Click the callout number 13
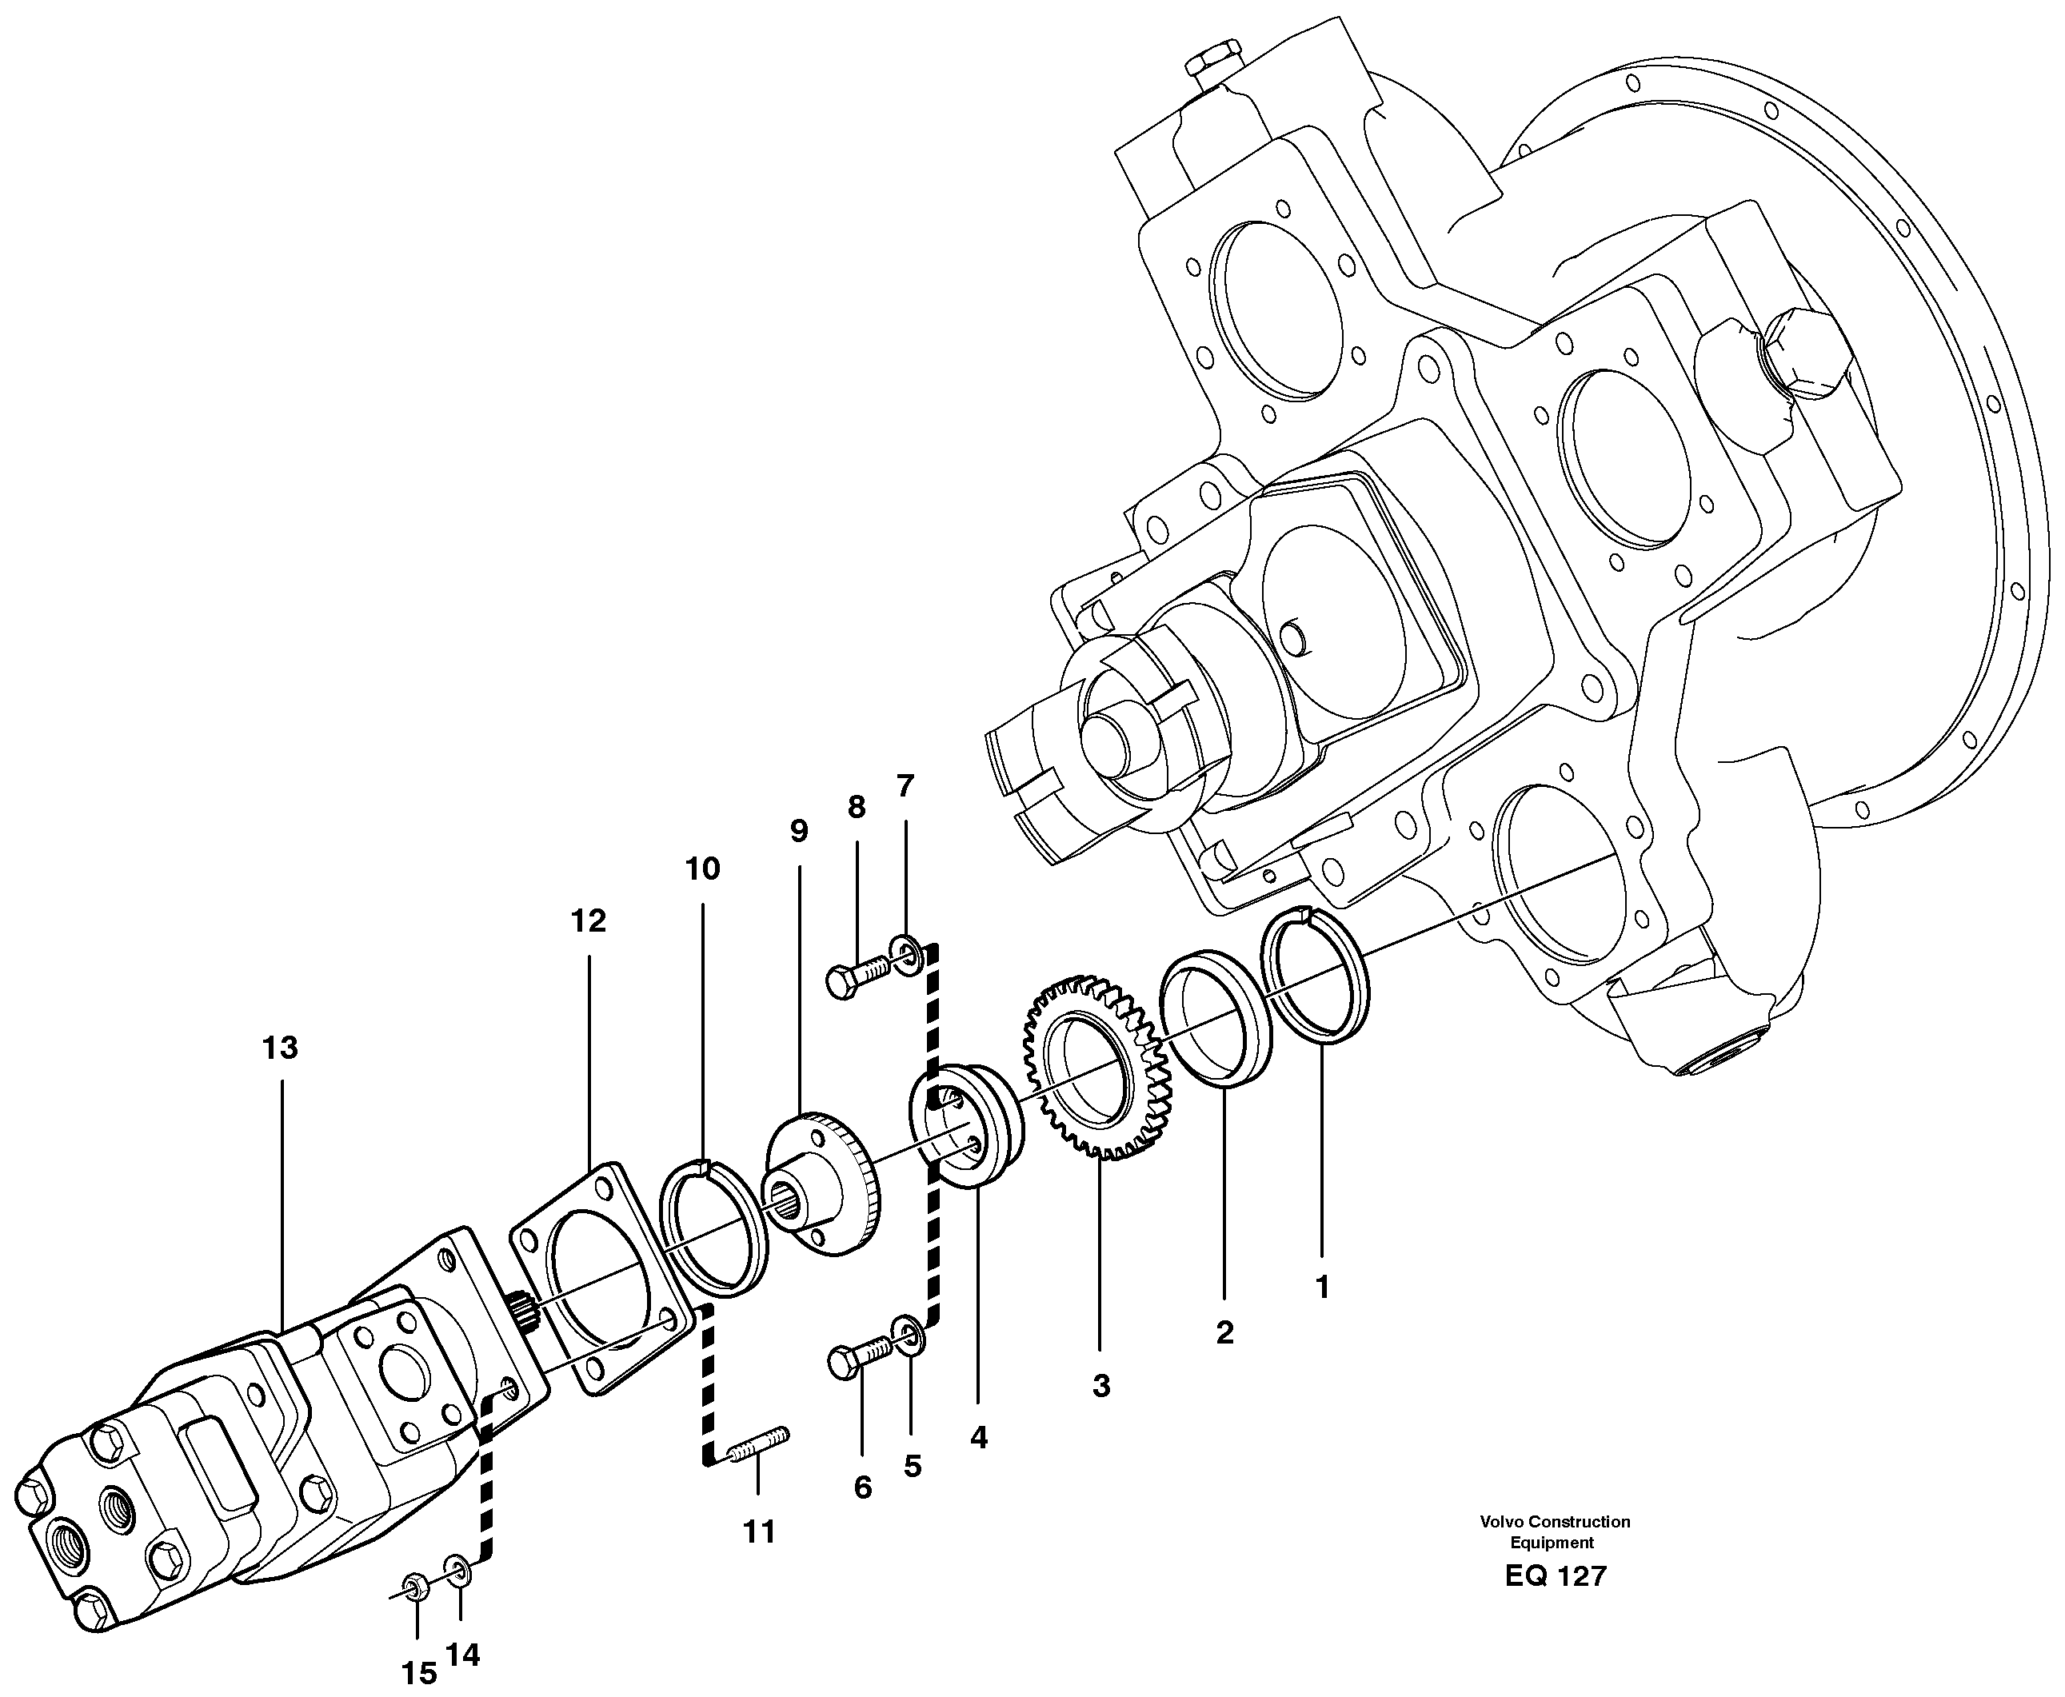coord(280,1048)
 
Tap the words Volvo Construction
coord(1555,1521)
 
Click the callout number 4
coord(979,1437)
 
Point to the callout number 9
coord(799,832)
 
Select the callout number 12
coord(589,920)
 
